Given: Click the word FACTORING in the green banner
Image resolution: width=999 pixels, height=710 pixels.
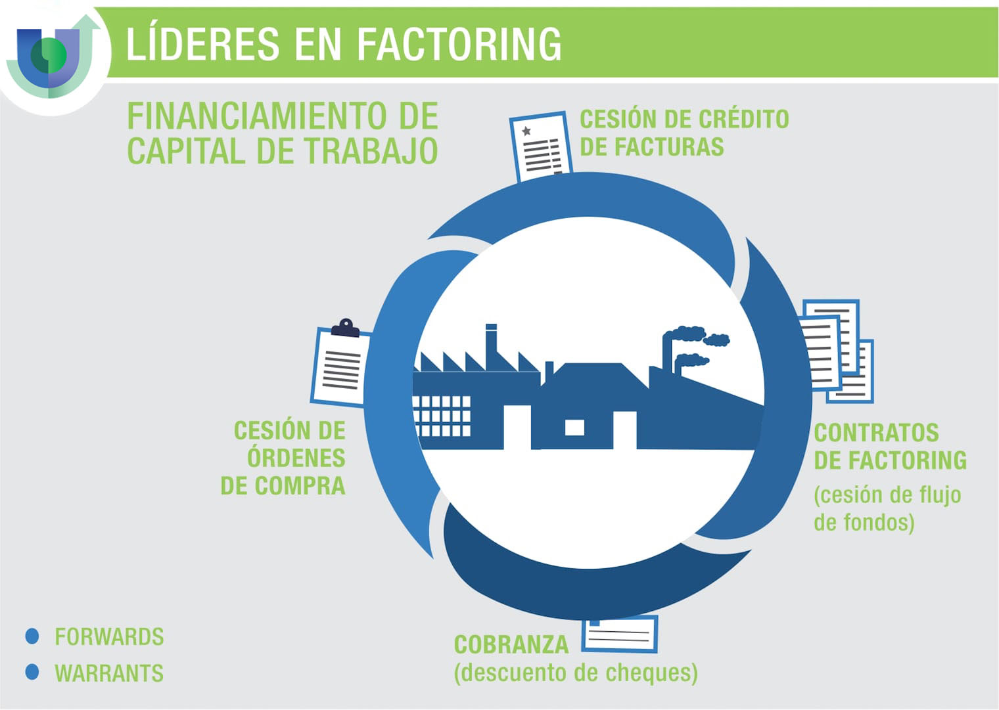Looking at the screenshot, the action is [x=459, y=43].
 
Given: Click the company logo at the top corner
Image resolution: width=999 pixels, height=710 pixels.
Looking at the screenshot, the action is [x=53, y=56].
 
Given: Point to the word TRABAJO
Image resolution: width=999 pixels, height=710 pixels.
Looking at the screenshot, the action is [x=371, y=150].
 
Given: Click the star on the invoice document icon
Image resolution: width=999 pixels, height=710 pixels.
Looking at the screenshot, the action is [x=526, y=131].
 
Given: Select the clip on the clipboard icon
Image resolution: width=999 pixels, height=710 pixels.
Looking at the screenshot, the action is [x=346, y=328].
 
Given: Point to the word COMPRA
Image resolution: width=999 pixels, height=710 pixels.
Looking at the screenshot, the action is [x=300, y=485].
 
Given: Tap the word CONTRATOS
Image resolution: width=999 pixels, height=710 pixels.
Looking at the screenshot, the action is [x=876, y=433].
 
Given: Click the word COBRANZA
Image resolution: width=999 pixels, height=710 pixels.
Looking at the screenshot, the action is [x=511, y=644].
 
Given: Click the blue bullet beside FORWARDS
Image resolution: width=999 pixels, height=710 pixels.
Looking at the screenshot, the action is [x=32, y=636].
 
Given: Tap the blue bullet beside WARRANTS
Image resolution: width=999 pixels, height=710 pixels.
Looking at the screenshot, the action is [x=32, y=672].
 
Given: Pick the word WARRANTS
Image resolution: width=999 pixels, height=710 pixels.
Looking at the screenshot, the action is [x=109, y=673].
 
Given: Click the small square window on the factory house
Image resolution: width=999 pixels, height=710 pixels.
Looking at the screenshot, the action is [x=574, y=428].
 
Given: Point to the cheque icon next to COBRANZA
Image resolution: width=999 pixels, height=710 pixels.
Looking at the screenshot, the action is [x=620, y=634].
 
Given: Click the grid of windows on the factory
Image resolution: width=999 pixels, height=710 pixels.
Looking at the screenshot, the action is [x=441, y=416].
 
